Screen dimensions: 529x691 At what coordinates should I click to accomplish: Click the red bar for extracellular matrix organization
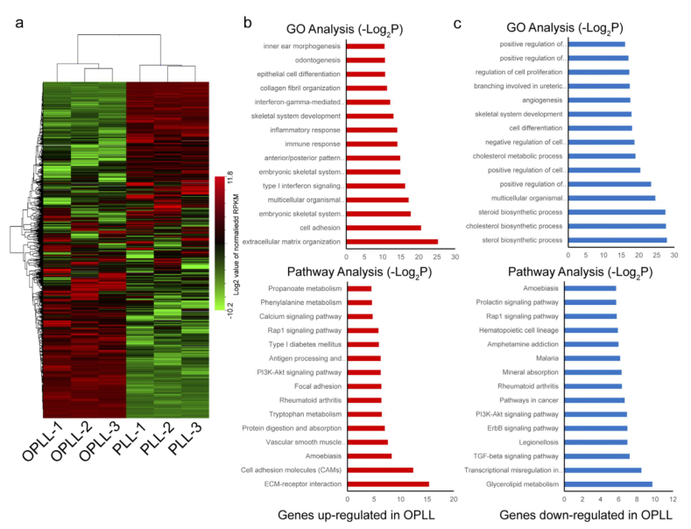tap(392, 240)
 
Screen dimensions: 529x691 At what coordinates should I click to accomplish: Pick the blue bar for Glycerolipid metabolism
tap(610, 483)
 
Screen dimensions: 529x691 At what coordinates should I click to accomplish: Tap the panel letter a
tap(19, 21)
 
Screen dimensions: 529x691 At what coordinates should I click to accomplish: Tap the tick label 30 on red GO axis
tap(455, 257)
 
